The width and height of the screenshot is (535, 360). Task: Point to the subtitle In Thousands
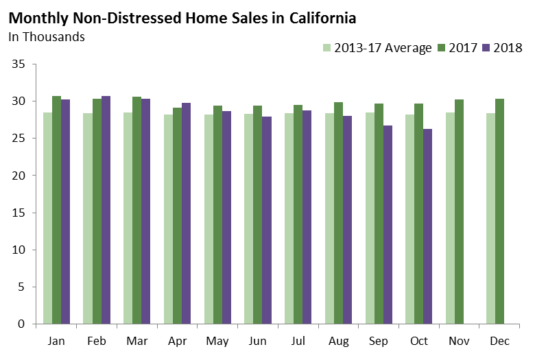tap(47, 37)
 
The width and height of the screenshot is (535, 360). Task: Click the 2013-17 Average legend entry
tap(377, 48)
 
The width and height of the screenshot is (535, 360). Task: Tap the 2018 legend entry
tap(503, 48)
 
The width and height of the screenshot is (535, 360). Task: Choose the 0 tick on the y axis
tap(21, 324)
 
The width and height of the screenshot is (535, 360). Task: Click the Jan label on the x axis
tap(57, 341)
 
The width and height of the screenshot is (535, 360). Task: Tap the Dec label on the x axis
tap(500, 341)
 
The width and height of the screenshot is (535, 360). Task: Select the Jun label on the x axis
tap(258, 341)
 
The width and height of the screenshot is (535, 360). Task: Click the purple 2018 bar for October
tap(428, 226)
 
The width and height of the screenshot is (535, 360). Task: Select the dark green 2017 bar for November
tap(460, 212)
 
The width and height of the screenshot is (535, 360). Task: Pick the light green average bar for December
tap(490, 219)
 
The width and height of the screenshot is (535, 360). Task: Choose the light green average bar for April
tap(168, 219)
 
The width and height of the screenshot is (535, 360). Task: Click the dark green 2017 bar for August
tap(338, 213)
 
